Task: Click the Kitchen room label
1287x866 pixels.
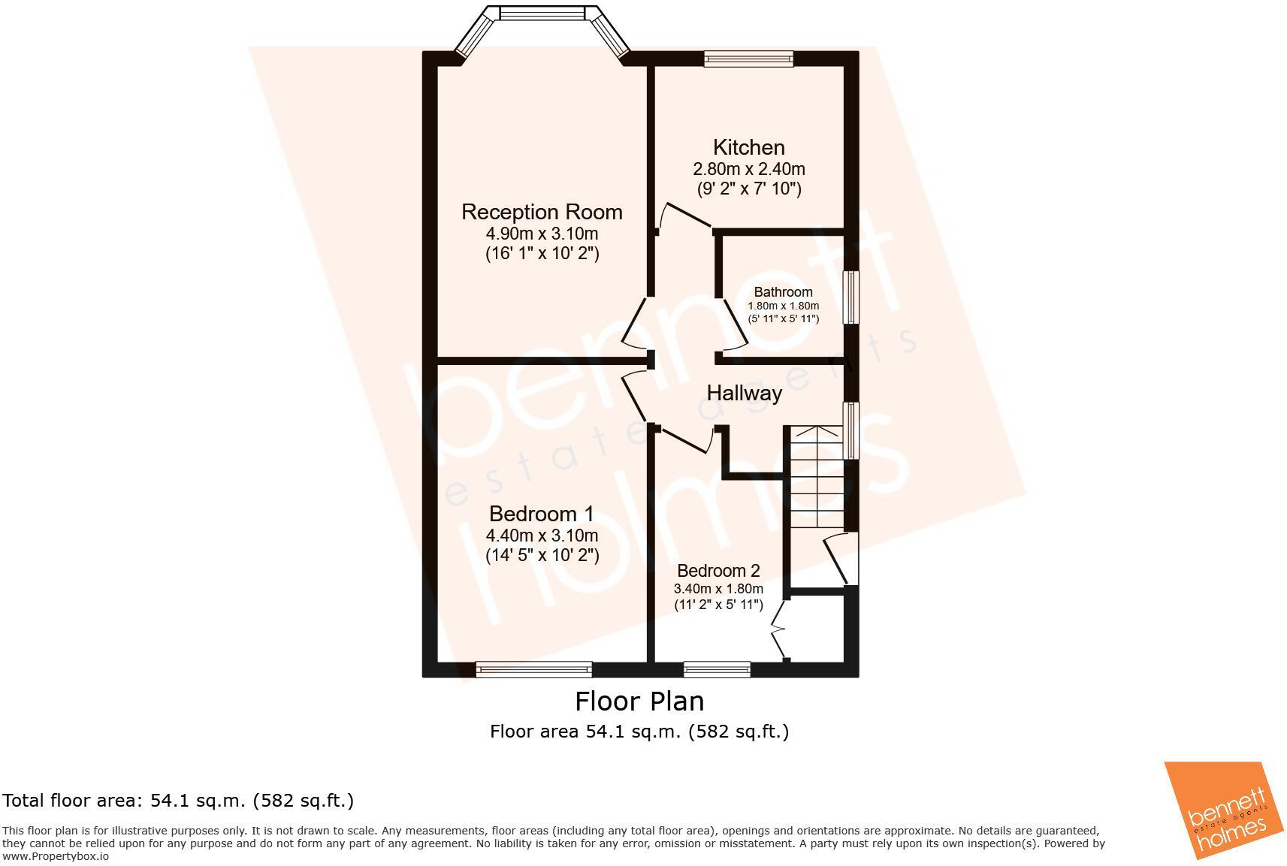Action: point(748,147)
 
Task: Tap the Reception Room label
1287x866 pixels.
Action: point(542,212)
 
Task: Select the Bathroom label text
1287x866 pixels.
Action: point(783,292)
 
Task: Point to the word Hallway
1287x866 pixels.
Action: point(744,393)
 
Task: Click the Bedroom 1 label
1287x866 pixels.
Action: point(541,514)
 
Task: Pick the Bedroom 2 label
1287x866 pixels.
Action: point(718,571)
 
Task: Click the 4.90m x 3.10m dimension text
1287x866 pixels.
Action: point(542,234)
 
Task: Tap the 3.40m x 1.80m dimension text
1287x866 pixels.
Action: point(718,589)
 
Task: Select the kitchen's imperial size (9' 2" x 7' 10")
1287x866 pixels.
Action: point(748,189)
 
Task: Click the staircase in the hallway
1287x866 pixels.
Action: point(814,477)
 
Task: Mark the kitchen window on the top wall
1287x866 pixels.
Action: point(748,58)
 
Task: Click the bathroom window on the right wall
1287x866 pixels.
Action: point(850,297)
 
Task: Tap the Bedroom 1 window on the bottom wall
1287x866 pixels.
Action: point(533,668)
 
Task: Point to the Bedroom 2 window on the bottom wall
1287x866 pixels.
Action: point(717,668)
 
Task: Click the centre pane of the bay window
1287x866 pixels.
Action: point(542,14)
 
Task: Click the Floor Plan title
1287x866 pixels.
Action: point(639,701)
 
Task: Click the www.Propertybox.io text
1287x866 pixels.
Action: point(56,856)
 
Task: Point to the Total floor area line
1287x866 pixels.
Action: point(177,801)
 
